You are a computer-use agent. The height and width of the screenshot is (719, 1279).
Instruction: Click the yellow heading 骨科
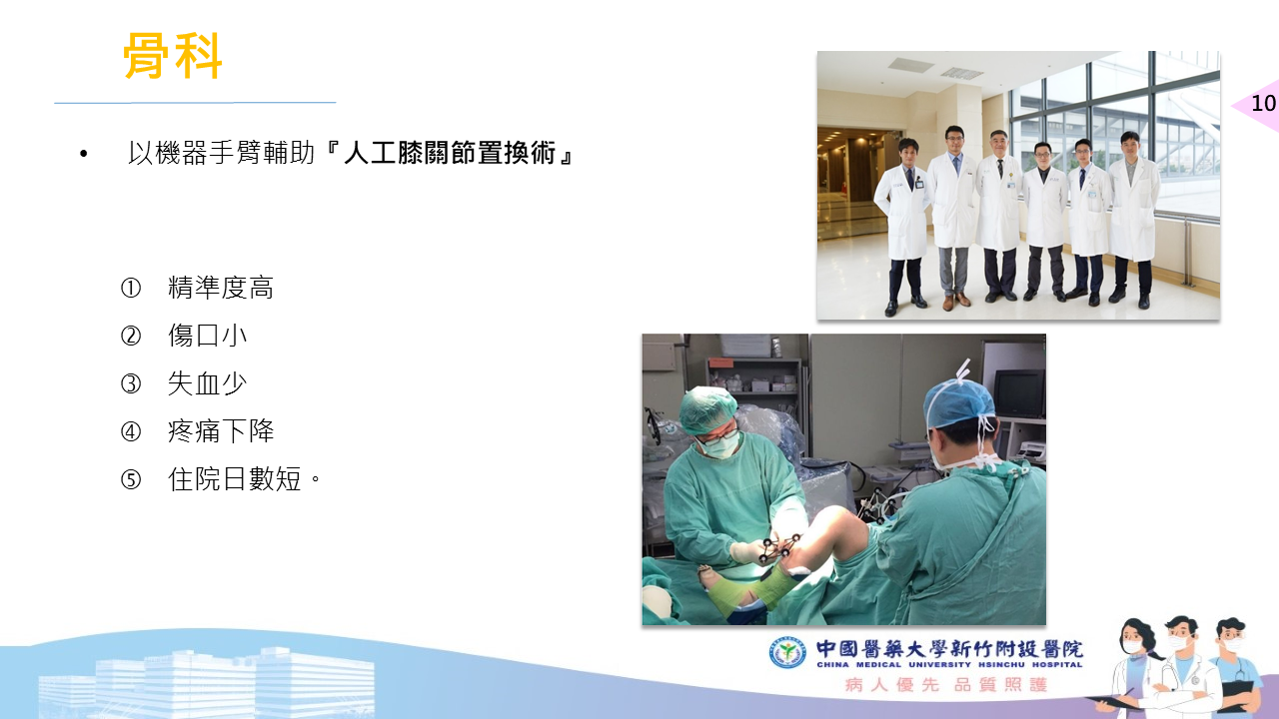173,56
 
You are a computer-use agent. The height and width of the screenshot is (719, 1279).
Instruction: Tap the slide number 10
1263,103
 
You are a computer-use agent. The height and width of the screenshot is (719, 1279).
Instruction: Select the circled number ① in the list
131,289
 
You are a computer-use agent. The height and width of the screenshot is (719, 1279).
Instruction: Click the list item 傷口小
207,336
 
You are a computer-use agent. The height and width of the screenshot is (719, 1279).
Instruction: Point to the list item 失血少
207,383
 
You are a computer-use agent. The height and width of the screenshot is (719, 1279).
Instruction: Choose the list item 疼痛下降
221,431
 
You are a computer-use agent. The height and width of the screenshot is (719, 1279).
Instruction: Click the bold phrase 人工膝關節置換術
450,153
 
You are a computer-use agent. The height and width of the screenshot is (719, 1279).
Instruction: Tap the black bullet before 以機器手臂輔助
84,154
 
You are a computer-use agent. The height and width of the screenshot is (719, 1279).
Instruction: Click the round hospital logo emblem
787,652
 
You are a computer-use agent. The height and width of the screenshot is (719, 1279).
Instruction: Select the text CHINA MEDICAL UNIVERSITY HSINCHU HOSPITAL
949,665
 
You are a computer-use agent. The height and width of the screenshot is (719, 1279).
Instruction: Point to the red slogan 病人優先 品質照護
946,684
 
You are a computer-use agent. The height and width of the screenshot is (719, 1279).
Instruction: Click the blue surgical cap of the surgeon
959,402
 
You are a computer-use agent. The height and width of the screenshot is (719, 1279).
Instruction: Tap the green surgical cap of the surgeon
708,408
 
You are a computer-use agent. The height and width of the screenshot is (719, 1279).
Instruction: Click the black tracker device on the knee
777,546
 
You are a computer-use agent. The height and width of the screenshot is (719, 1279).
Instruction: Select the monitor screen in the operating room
1020,393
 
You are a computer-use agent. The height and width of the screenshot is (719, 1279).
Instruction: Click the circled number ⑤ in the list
131,479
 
